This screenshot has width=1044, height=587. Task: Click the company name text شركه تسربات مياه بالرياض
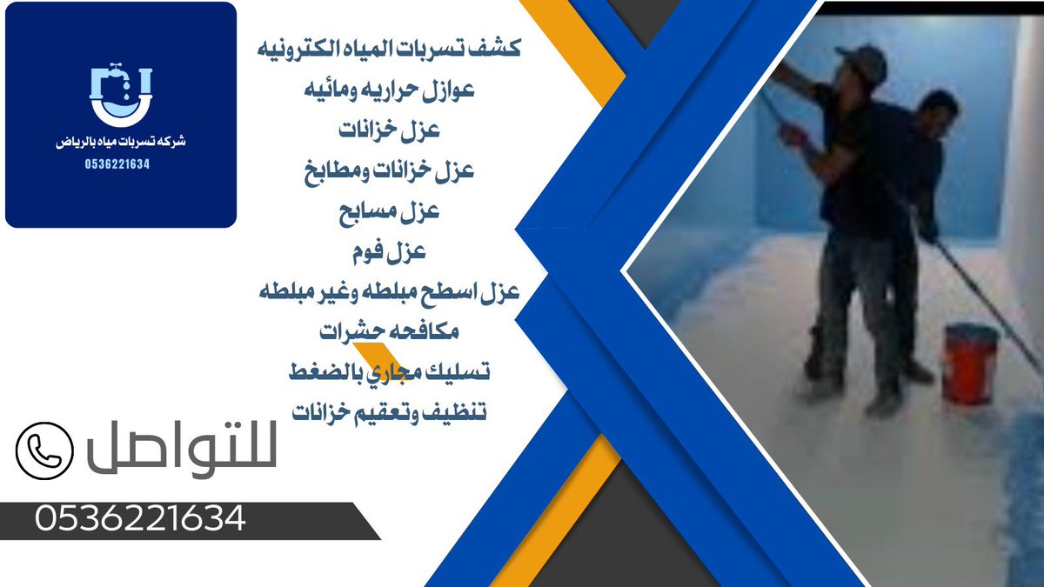[x=121, y=141]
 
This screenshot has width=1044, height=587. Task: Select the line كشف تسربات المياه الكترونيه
[x=391, y=49]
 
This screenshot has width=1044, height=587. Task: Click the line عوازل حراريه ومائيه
[x=391, y=90]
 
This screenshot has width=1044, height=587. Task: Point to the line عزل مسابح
[x=391, y=211]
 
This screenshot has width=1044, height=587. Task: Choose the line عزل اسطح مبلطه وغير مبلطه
[x=391, y=292]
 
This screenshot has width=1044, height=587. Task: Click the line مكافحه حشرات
[x=391, y=332]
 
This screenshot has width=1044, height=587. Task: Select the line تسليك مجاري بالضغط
[x=391, y=372]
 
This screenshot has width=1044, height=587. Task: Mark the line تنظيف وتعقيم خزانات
[x=391, y=411]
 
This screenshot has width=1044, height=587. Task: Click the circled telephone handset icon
[x=43, y=450]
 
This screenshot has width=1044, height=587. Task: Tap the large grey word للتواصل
[x=181, y=450]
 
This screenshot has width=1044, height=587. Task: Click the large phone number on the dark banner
[x=140, y=520]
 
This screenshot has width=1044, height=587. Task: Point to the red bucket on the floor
[x=971, y=363]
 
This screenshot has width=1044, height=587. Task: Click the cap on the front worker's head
[x=861, y=63]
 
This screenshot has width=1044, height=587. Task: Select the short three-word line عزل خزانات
[x=391, y=130]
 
